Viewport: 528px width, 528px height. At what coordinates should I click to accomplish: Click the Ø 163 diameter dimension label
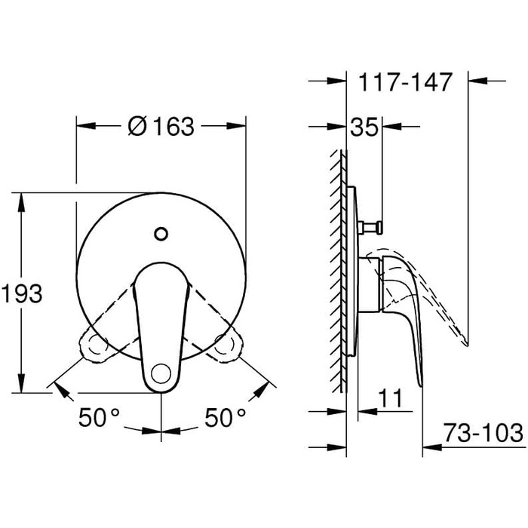click(161, 127)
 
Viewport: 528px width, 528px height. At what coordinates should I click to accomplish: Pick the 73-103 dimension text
click(483, 434)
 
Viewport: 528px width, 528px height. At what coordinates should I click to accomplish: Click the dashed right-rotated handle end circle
click(226, 347)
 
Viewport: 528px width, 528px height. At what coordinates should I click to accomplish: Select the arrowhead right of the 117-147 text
click(477, 79)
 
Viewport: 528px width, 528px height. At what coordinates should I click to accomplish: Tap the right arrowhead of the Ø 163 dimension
click(240, 127)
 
